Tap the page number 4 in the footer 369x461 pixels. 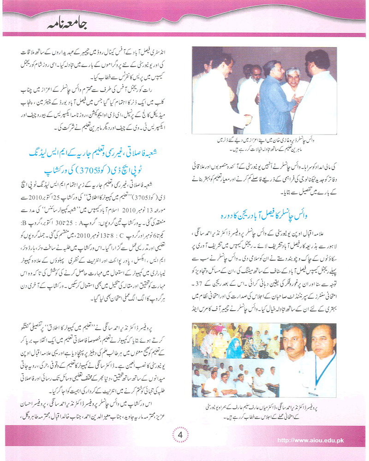pos(181,434)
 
